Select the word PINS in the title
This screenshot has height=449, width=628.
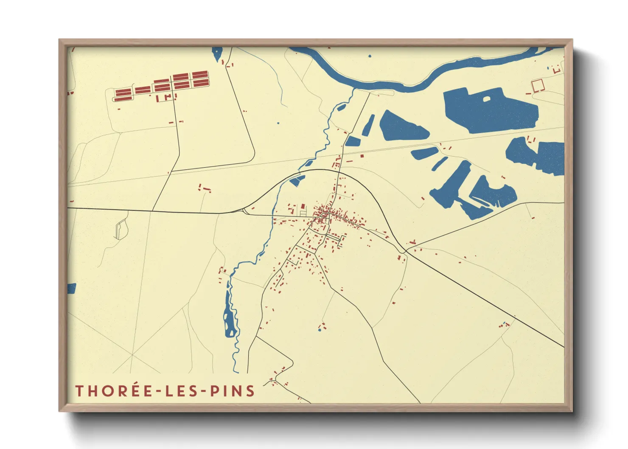(233, 391)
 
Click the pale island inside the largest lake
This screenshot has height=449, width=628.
(486, 99)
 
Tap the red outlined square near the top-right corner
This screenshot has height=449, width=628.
(538, 85)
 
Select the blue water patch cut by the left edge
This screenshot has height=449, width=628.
(71, 289)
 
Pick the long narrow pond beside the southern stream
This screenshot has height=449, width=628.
(230, 314)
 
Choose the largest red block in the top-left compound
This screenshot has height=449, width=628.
(200, 79)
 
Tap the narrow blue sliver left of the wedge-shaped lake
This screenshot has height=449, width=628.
(368, 126)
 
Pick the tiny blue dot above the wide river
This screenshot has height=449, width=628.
(370, 56)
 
